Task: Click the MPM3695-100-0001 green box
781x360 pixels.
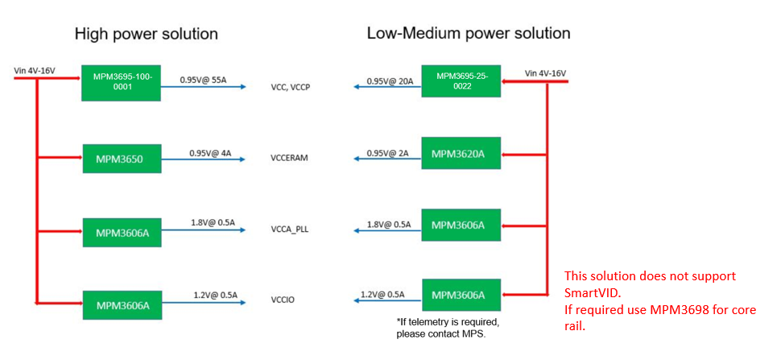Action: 121,82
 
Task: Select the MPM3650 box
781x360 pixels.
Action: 122,159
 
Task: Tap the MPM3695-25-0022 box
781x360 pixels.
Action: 461,81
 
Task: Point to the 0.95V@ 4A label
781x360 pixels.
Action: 209,153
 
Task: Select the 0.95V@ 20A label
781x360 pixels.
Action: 390,81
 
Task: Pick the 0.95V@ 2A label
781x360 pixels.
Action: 387,153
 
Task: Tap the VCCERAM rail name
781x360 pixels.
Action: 290,159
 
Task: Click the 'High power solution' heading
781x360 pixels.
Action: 146,34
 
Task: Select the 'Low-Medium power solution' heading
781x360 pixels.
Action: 469,33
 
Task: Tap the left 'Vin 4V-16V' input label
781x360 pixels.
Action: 35,70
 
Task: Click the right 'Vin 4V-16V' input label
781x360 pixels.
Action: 545,74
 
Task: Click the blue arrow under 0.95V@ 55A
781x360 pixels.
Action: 203,87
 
